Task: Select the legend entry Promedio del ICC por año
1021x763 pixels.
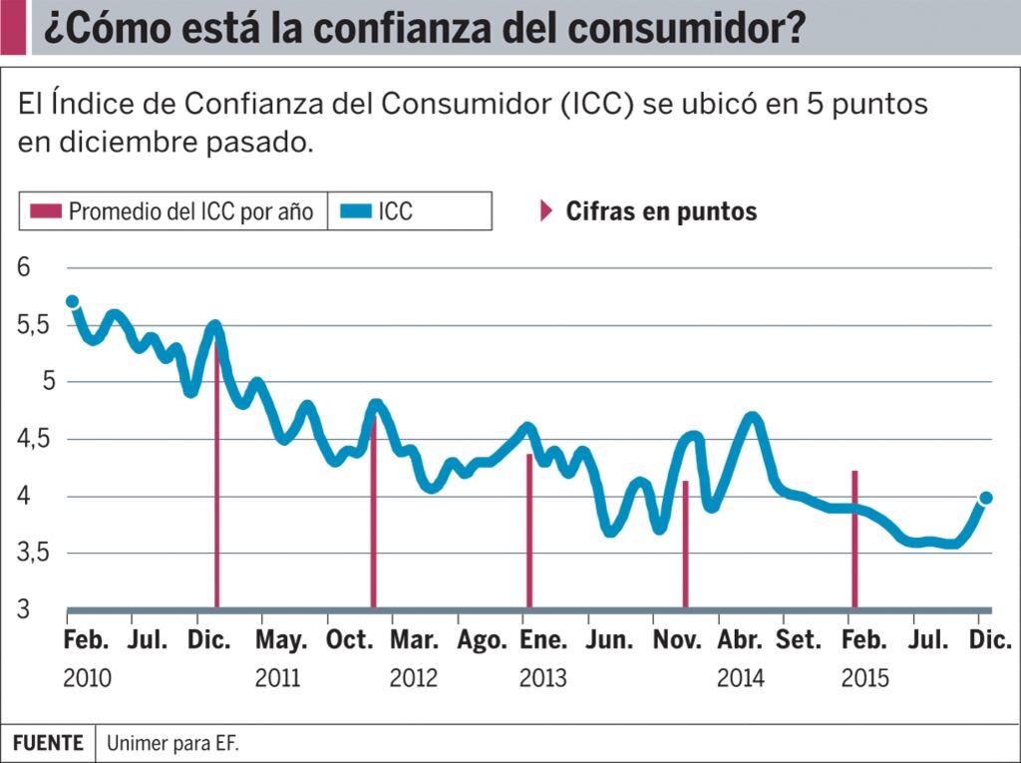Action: (190, 211)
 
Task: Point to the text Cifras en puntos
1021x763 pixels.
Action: (661, 211)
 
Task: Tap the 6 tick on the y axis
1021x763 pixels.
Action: (24, 267)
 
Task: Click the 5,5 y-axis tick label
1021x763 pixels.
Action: (31, 325)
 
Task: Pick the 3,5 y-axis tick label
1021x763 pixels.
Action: (31, 554)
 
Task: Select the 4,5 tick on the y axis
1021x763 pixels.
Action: (31, 440)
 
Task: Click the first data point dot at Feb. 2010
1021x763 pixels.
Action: (72, 301)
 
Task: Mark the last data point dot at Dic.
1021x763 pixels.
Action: (986, 498)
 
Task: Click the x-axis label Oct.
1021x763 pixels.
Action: (350, 640)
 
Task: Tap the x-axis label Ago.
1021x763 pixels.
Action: (483, 640)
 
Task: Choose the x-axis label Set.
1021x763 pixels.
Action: (798, 640)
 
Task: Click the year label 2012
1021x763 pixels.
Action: (414, 678)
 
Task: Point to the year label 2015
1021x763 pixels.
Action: (864, 678)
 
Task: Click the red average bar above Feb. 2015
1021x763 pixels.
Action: (854, 539)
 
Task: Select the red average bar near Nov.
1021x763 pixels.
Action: (685, 544)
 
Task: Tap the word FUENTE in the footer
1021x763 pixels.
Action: (48, 743)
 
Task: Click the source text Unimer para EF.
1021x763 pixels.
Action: (173, 743)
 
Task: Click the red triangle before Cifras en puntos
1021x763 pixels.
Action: (545, 211)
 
